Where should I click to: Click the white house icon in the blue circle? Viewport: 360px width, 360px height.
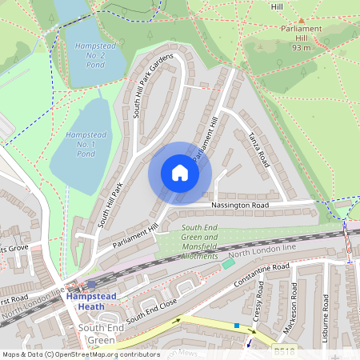[180, 173]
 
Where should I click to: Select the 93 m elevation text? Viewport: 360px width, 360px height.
[301, 47]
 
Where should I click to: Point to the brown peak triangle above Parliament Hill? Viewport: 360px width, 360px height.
[301, 22]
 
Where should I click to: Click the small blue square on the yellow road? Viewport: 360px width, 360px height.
[237, 326]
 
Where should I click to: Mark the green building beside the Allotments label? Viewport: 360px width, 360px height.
[229, 263]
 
